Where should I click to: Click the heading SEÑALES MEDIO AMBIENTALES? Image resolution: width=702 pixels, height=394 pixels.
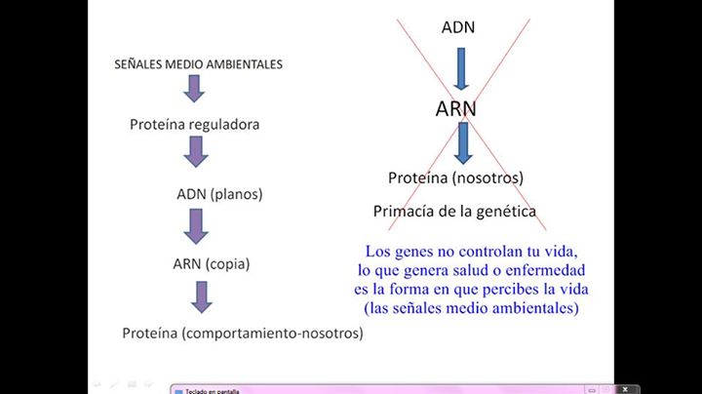199,64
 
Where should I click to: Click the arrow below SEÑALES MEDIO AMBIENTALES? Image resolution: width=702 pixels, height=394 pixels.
195,90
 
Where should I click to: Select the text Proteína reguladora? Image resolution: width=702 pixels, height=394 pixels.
195,125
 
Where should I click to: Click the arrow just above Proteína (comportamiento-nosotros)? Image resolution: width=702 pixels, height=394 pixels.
202,296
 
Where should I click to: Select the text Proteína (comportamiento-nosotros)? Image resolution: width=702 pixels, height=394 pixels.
243,334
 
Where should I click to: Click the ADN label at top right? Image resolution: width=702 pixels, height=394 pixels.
458,27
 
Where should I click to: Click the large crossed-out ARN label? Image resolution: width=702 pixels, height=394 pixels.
456,108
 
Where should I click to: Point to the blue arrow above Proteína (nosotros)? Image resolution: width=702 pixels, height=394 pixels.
463,141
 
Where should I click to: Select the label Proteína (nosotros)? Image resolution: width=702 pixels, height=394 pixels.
455,177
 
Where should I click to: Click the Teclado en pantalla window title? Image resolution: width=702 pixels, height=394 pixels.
213,390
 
